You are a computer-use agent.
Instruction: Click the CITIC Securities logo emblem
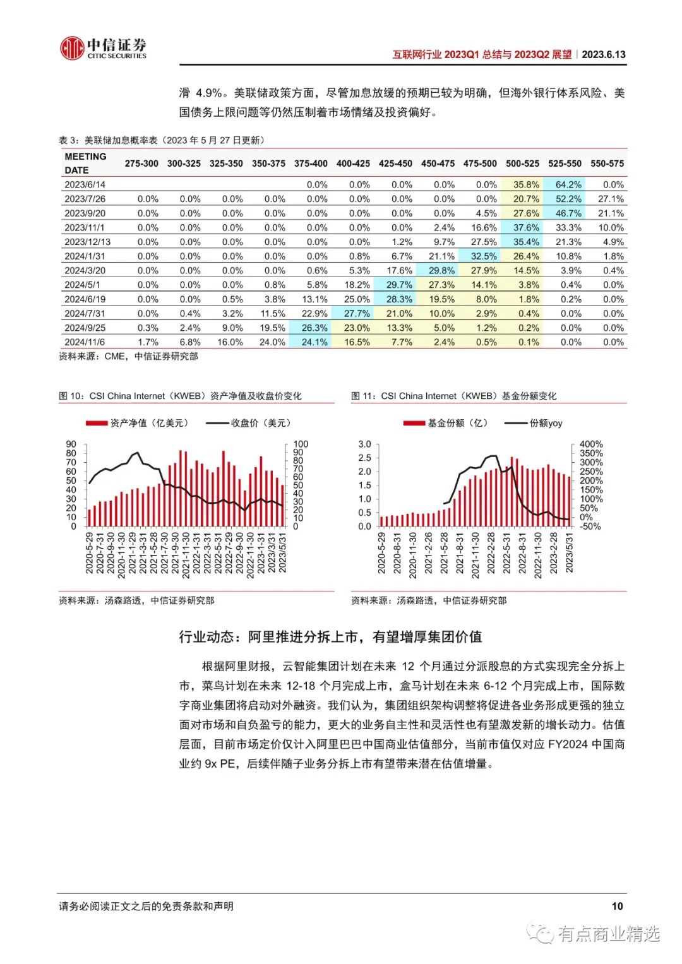pos(72,48)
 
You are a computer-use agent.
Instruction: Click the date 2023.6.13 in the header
pos(603,55)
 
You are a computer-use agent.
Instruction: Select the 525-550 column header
pos(565,164)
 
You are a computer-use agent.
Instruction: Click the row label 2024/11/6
pos(85,342)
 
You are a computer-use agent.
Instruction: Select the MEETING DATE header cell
pos(85,163)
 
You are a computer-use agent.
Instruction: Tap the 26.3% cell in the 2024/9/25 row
pos(314,328)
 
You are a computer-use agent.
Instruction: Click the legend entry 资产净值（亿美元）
pos(137,424)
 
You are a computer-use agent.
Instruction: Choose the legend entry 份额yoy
pos(533,424)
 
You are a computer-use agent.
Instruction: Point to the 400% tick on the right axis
pos(590,444)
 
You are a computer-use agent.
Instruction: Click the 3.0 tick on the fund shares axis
pos(364,444)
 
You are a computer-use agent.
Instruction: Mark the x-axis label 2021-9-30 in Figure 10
pos(175,552)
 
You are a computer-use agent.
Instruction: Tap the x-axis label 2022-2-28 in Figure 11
pos(491,552)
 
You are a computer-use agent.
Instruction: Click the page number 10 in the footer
pos(617,906)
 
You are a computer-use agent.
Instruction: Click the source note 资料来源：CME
pos(92,356)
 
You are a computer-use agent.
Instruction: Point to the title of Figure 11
pos(453,396)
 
